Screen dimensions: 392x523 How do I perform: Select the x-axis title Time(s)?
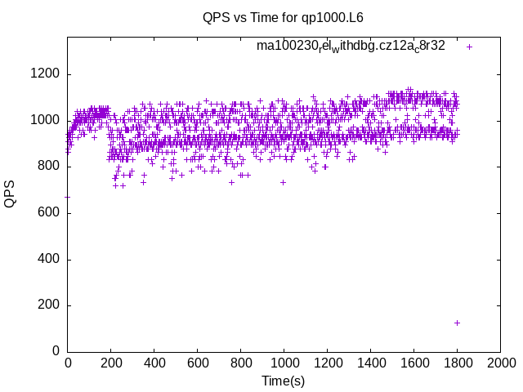point(283,381)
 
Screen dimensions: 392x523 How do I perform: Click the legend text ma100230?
point(351,46)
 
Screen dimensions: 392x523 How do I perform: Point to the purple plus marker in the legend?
point(469,47)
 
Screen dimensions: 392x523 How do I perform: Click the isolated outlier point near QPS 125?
point(457,323)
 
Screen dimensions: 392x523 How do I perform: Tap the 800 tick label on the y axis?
point(48,167)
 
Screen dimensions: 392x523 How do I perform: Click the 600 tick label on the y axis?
point(48,213)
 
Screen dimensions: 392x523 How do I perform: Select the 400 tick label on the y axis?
point(48,260)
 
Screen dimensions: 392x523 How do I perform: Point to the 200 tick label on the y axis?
point(48,305)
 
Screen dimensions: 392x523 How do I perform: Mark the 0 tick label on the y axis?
point(55,352)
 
